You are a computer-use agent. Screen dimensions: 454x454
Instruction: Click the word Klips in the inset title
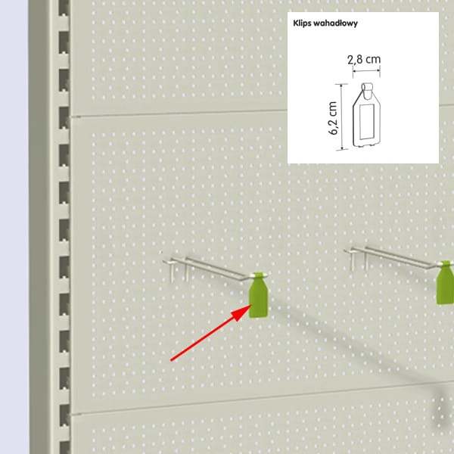[x=302, y=23]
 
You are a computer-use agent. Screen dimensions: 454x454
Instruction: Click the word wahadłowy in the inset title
[x=335, y=23]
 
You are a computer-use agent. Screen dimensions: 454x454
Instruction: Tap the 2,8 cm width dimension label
[x=364, y=59]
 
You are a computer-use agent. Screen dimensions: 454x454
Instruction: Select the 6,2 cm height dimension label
[x=333, y=118]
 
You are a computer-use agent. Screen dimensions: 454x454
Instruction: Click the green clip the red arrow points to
[x=258, y=295]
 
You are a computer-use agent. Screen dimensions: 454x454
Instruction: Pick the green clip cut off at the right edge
[x=446, y=283]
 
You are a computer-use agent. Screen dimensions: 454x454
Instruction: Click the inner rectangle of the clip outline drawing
[x=366, y=122]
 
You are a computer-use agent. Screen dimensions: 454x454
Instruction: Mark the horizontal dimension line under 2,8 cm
[x=366, y=70]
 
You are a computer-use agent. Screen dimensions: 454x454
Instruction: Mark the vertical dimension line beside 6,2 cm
[x=342, y=117]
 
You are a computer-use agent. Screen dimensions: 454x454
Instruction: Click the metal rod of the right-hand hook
[x=393, y=257]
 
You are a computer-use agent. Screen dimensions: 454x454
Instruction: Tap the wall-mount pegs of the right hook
[x=359, y=260]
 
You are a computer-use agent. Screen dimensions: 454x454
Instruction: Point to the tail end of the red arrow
[x=171, y=360]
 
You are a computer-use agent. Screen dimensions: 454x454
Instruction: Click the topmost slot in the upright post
[x=64, y=8]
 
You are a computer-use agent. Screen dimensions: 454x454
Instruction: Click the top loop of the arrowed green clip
[x=258, y=275]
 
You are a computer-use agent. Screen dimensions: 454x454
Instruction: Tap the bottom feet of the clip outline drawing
[x=366, y=145]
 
